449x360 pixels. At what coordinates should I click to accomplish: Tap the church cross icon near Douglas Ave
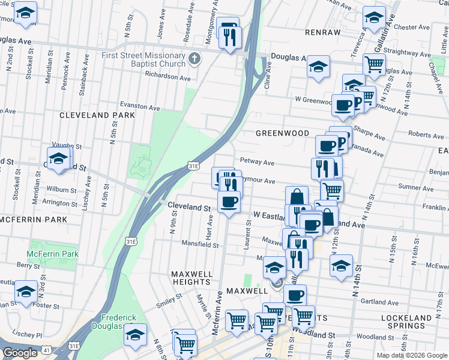[193, 59]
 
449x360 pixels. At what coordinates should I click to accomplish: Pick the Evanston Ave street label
[140, 107]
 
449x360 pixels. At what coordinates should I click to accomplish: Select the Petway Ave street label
[257, 161]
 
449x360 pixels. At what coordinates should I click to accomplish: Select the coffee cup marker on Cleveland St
[229, 202]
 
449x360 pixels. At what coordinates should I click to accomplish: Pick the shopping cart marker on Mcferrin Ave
[237, 320]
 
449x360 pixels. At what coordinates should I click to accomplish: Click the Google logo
[20, 353]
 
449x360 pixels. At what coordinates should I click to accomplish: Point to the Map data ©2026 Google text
[412, 355]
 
